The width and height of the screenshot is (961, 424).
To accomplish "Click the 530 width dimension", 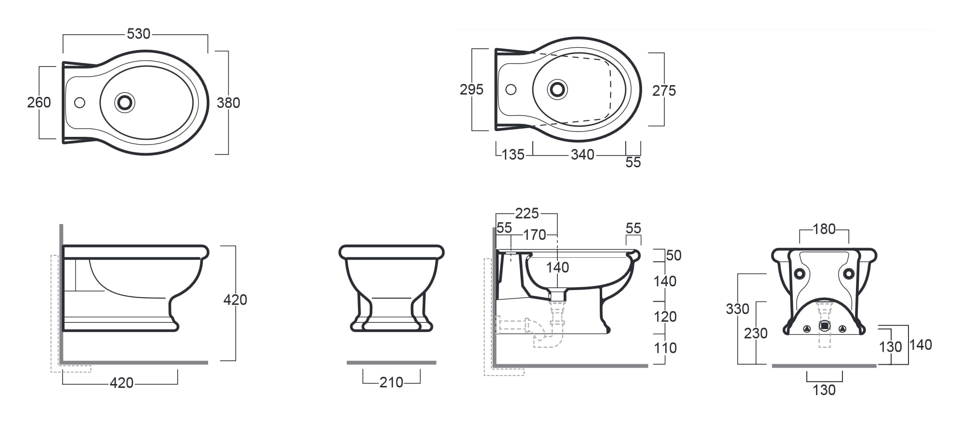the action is click(x=138, y=34).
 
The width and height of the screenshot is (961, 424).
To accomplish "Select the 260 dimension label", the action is click(x=39, y=102).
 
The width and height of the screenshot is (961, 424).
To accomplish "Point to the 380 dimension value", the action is click(x=228, y=103).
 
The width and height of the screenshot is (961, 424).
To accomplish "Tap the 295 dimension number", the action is click(x=472, y=90).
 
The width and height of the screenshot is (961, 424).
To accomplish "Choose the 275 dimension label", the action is click(x=664, y=91).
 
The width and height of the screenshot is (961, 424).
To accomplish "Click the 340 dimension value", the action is click(x=582, y=155).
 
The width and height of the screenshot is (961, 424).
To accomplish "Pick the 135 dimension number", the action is click(x=513, y=155).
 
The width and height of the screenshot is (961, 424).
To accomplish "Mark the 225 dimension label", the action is click(x=527, y=213).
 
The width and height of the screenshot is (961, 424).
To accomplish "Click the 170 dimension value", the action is click(x=535, y=235).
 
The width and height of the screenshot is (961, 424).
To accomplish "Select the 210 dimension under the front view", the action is click(x=391, y=382).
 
